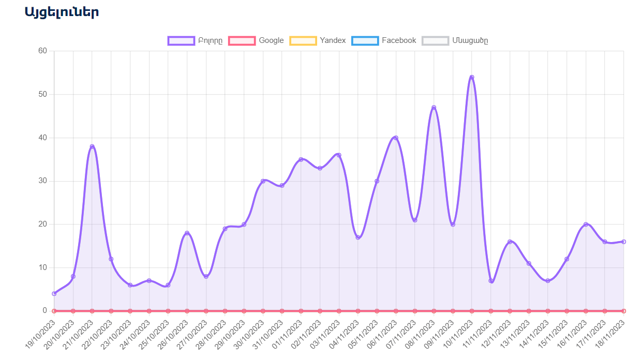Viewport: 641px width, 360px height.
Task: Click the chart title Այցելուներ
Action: [62, 12]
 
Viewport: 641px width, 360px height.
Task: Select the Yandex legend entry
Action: [318, 40]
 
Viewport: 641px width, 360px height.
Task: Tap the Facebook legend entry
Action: [383, 40]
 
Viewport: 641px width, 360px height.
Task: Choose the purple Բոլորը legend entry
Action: [195, 41]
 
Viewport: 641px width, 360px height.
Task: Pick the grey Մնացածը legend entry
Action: [455, 41]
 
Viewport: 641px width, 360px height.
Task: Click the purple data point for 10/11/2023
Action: [471, 77]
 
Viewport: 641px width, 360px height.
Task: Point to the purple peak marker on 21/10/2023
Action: [92, 146]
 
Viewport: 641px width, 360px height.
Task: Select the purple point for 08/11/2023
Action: [434, 108]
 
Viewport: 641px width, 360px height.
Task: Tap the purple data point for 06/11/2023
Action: [396, 138]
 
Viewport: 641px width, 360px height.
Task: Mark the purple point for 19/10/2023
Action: [54, 293]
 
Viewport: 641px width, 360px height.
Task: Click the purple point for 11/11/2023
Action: [490, 281]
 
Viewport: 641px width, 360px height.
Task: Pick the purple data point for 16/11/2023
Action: [586, 224]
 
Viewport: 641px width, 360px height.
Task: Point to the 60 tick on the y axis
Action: [42, 51]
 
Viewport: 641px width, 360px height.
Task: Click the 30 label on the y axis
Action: [42, 181]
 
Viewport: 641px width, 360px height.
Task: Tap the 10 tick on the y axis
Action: [42, 267]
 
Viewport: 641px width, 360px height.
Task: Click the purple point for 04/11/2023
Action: [358, 237]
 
